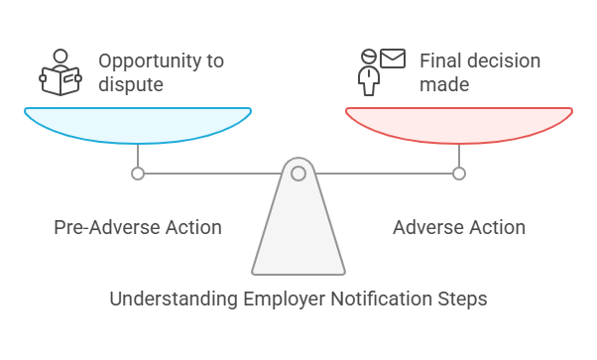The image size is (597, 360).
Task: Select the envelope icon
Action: (393, 59)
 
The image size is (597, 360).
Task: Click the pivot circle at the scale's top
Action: (298, 174)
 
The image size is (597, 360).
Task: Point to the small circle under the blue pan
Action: (138, 174)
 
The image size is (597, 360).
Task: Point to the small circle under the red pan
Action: (458, 174)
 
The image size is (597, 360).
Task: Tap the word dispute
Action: (130, 85)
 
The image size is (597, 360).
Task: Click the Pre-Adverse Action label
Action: (137, 227)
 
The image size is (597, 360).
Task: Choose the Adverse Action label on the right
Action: (458, 227)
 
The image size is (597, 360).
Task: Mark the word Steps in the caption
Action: (463, 299)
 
